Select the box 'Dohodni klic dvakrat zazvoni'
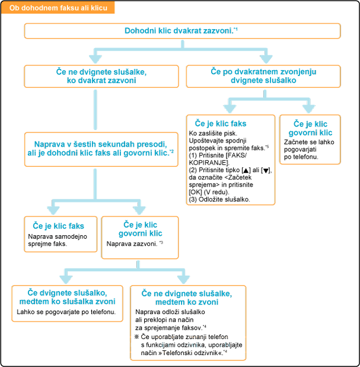pyautogui.click(x=181, y=31)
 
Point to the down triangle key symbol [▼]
pyautogui.click(x=266, y=170)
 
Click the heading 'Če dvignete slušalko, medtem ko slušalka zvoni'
pyautogui.click(x=67, y=296)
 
